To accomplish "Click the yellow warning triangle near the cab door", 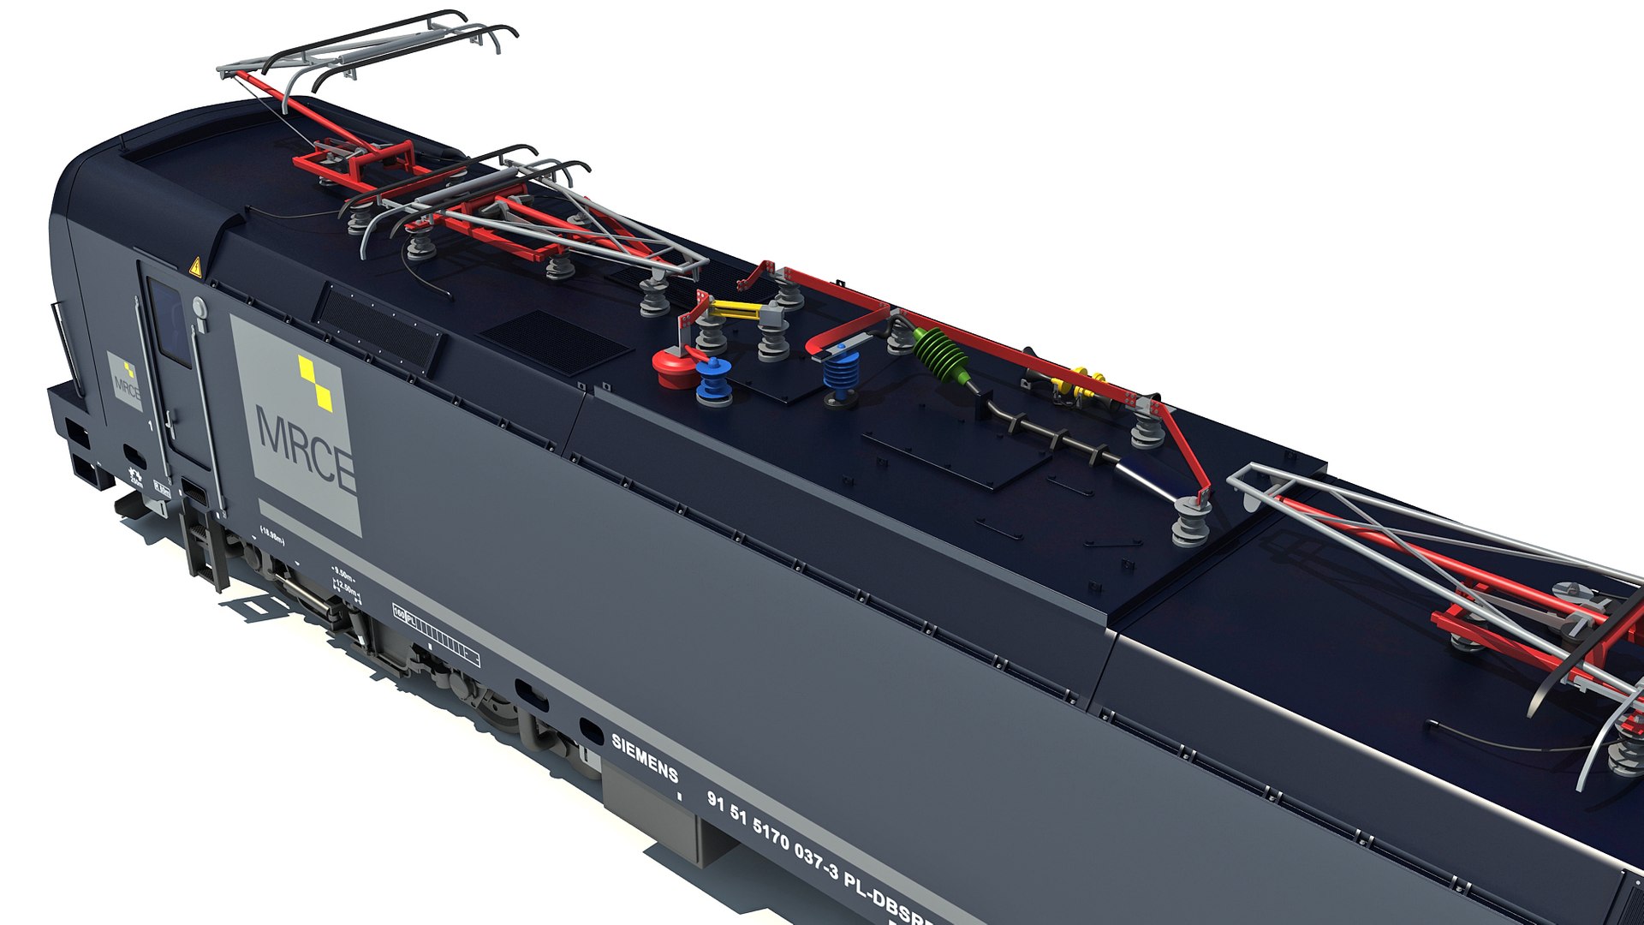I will pyautogui.click(x=195, y=267).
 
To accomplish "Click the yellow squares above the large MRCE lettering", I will pyautogui.click(x=315, y=382).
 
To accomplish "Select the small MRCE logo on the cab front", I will pyautogui.click(x=125, y=383).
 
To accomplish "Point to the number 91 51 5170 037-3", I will pyautogui.click(x=771, y=834).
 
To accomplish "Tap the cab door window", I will pyautogui.click(x=169, y=322).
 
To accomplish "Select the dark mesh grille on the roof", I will pyautogui.click(x=553, y=342).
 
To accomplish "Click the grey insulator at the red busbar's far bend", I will pyautogui.click(x=1190, y=519).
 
